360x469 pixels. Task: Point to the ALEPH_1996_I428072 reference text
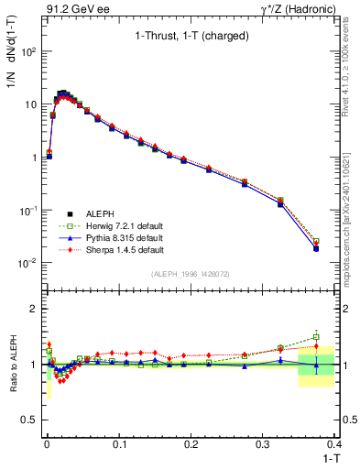(191, 274)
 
